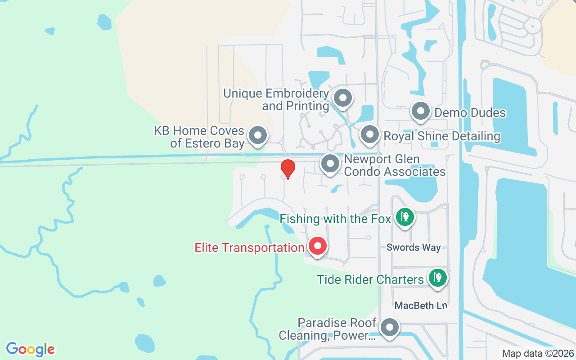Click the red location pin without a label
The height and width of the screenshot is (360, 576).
(x=288, y=169)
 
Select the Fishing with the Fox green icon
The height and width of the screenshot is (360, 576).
(x=405, y=217)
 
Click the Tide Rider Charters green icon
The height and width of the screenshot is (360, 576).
(x=437, y=278)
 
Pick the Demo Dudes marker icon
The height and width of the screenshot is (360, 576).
(x=421, y=111)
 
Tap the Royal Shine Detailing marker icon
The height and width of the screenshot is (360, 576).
(x=370, y=135)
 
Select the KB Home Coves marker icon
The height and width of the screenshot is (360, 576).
(x=258, y=135)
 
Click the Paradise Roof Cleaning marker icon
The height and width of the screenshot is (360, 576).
(x=389, y=328)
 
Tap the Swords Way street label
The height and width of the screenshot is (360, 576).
(x=414, y=247)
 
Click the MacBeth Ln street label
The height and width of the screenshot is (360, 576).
(x=421, y=306)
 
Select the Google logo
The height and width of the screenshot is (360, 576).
(x=30, y=349)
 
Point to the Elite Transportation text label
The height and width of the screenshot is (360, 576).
(x=249, y=248)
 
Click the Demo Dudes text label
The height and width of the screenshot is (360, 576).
(x=470, y=112)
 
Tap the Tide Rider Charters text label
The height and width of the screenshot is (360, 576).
(x=370, y=279)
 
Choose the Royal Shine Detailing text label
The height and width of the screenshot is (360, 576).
(x=441, y=136)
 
